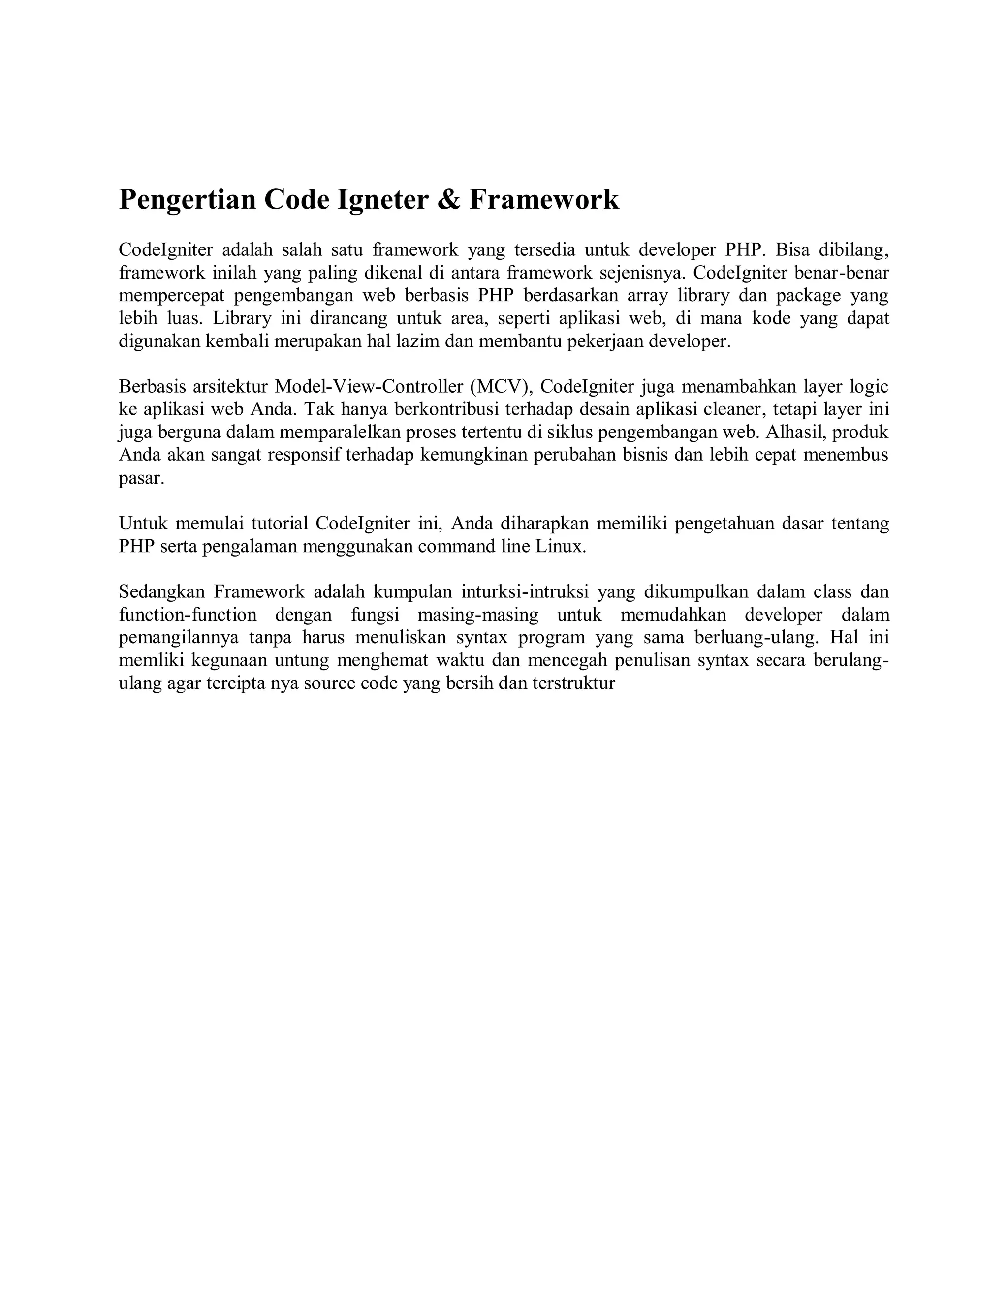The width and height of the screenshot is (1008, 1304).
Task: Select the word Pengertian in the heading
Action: point(187,199)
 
